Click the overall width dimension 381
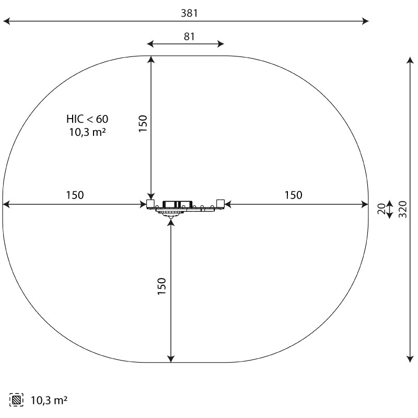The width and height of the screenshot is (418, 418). click(x=189, y=14)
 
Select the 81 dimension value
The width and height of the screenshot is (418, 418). click(x=189, y=37)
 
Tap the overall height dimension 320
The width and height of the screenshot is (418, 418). click(x=403, y=210)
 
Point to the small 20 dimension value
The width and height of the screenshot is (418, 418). click(x=382, y=208)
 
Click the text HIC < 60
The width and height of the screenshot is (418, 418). click(x=87, y=119)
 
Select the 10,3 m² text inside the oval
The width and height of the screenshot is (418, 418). click(x=87, y=132)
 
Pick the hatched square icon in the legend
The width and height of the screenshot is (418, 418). click(x=16, y=400)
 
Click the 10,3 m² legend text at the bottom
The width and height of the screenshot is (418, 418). click(x=49, y=400)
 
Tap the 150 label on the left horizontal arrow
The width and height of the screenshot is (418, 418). click(x=75, y=195)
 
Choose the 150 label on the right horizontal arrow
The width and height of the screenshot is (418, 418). click(x=294, y=195)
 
